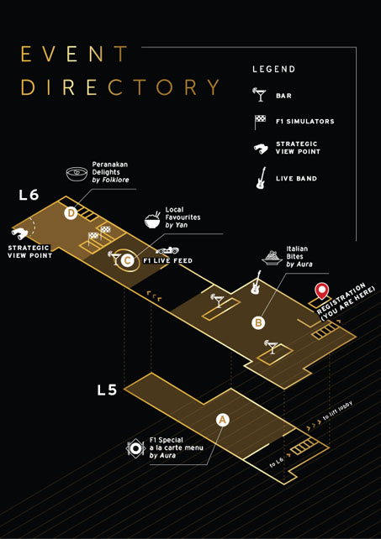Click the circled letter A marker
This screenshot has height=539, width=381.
click(223, 420)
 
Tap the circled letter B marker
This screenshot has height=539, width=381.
click(258, 322)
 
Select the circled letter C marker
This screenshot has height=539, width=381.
click(128, 260)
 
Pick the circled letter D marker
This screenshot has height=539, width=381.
click(71, 213)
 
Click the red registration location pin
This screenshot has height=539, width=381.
click(321, 290)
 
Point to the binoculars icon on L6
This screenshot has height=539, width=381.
click(20, 233)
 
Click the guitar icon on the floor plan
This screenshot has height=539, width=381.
click(256, 283)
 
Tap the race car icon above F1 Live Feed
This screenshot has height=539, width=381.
click(167, 250)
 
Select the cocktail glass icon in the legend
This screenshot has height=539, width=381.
click(259, 95)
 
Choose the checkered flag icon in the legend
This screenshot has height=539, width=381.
click(260, 123)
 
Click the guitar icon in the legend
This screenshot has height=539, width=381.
click(261, 178)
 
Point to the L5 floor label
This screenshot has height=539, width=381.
click(107, 390)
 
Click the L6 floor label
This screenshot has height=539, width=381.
click(29, 195)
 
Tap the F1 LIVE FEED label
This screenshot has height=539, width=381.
click(167, 261)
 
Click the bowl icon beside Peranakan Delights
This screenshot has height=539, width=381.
click(77, 174)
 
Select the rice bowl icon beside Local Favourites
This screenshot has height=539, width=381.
click(152, 220)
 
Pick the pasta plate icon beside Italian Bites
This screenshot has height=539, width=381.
click(273, 258)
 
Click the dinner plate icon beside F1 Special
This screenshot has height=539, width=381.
click(135, 448)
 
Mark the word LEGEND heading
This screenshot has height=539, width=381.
click(274, 69)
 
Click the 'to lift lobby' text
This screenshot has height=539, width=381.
click(337, 411)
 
